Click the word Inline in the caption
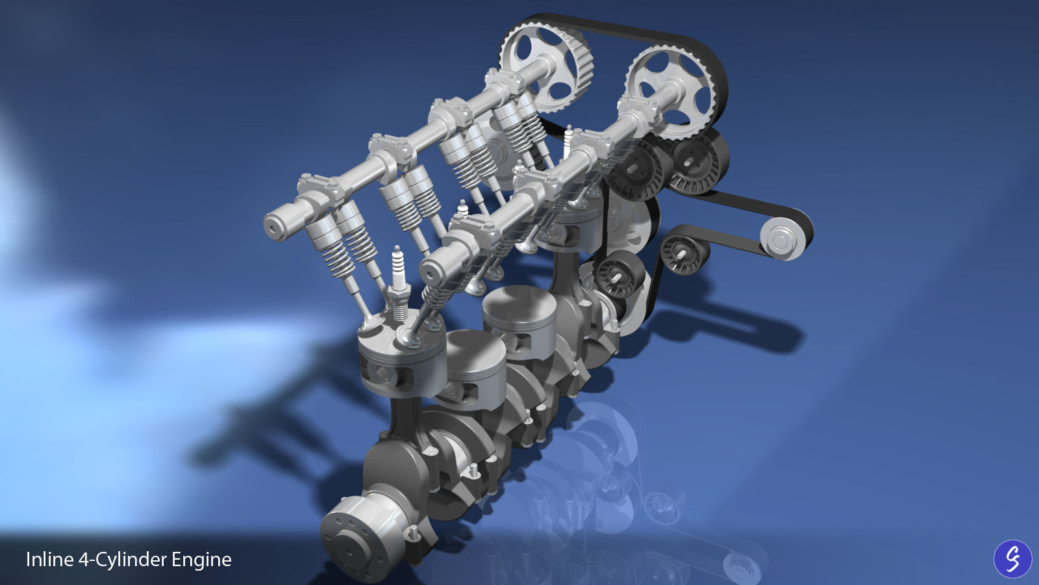(x=49, y=560)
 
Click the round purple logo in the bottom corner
(x=1012, y=558)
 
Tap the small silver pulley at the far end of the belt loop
(x=782, y=239)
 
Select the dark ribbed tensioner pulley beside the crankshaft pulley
(x=617, y=273)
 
